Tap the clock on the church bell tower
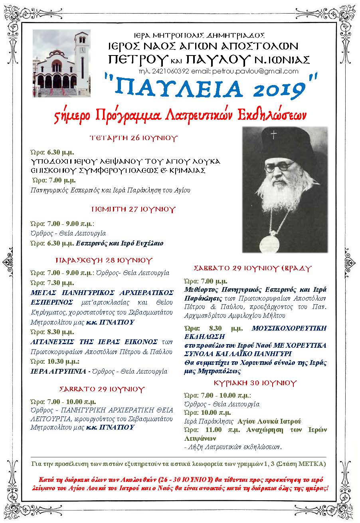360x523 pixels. pyautogui.click(x=83, y=50)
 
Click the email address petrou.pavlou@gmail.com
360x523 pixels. pyautogui.click(x=263, y=71)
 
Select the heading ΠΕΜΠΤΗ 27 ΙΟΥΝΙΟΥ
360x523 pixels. pyautogui.click(x=128, y=209)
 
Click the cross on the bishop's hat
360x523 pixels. pyautogui.click(x=274, y=135)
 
